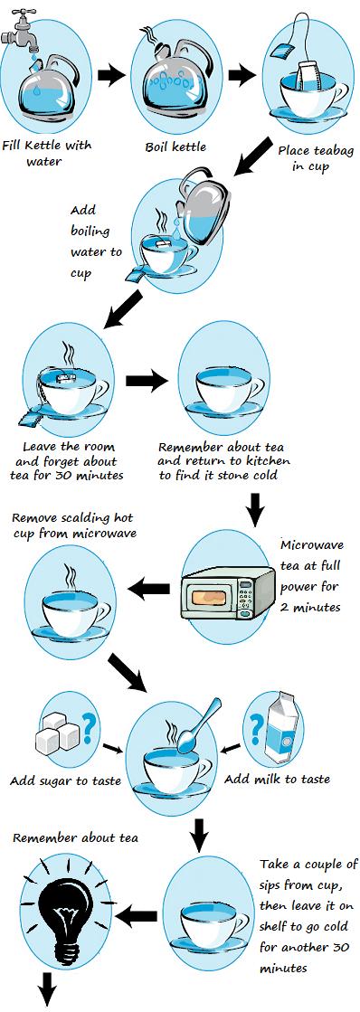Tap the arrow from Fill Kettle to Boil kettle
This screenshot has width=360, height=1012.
pos(111,75)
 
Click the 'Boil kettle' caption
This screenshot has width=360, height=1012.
pos(176,147)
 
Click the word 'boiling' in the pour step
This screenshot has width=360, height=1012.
pos(90,231)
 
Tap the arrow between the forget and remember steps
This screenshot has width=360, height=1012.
pos(147,381)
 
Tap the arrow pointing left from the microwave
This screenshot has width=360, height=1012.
pos(148,588)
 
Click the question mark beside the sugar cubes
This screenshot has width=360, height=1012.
pos(91,727)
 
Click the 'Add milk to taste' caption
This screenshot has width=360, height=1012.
pos(277,779)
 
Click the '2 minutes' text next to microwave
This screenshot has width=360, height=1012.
pos(310,608)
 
